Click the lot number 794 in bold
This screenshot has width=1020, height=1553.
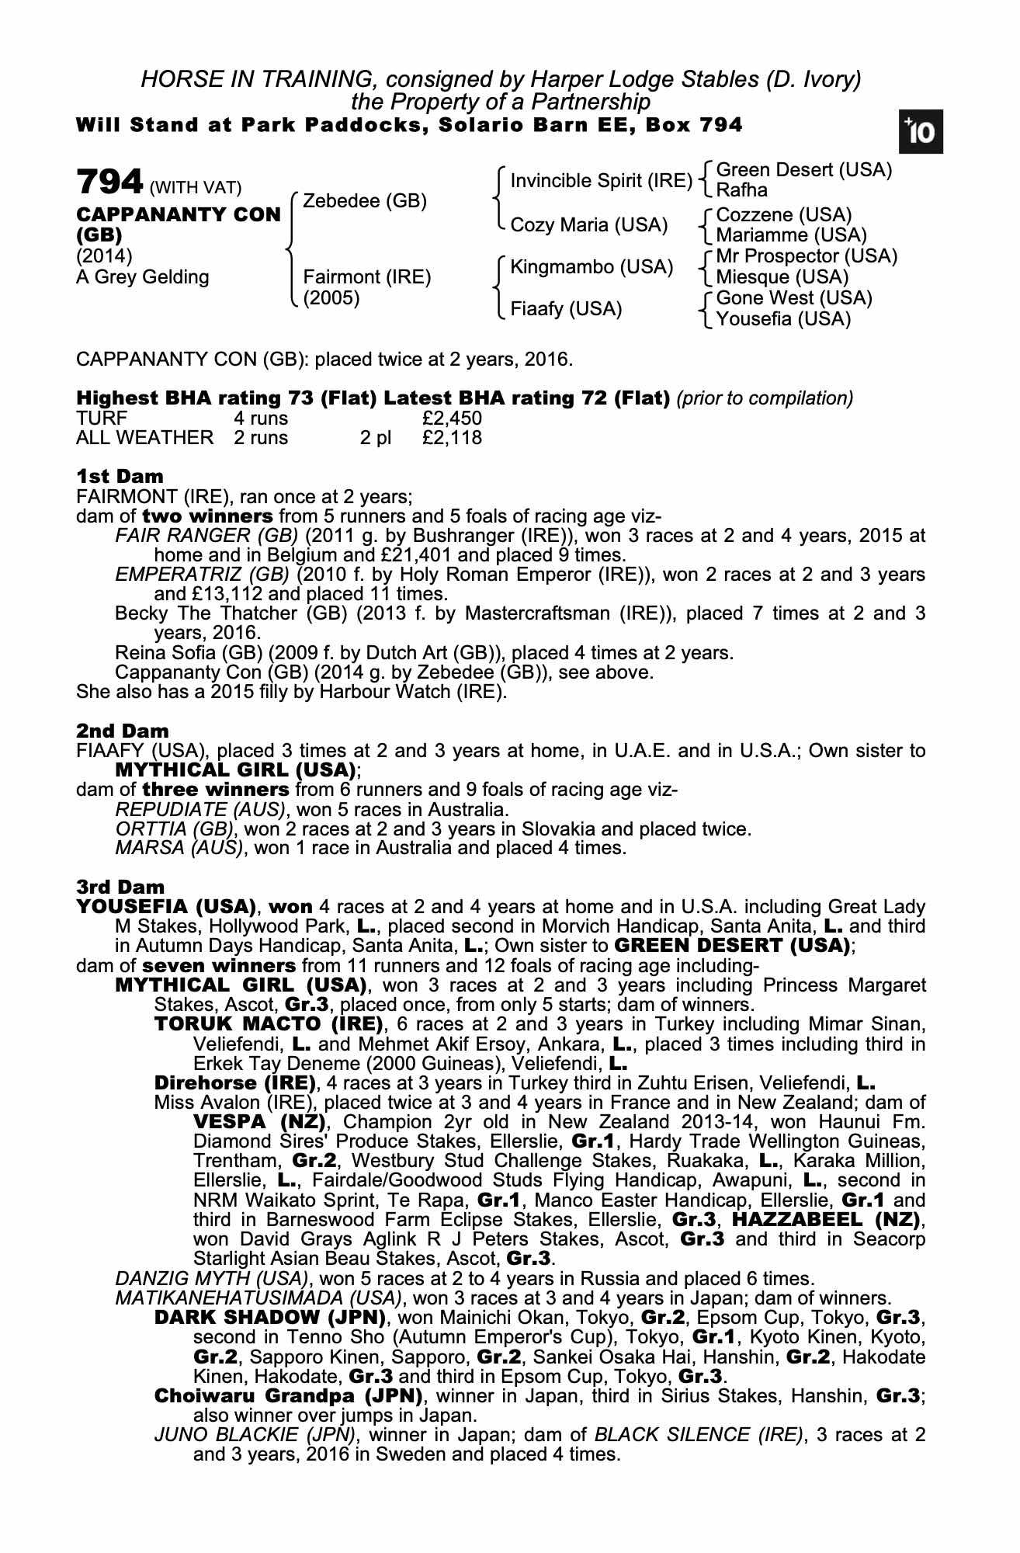109,182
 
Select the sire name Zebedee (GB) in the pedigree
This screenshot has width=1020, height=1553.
365,201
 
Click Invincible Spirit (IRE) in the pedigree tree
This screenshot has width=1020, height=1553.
601,181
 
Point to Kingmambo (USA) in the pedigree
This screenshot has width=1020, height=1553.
591,267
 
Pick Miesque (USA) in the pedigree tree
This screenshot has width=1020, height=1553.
782,277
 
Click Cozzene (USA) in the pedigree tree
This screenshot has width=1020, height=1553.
783,215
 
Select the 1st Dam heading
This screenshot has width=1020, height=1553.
120,476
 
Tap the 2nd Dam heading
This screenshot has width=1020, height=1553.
122,731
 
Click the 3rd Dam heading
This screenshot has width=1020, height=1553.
120,887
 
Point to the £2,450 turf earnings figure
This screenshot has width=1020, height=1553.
453,419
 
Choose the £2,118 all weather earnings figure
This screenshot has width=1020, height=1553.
453,438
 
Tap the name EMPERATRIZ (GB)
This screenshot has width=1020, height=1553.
202,575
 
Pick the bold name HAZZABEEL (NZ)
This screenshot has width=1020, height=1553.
828,1218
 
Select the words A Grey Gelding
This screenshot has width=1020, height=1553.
143,277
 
